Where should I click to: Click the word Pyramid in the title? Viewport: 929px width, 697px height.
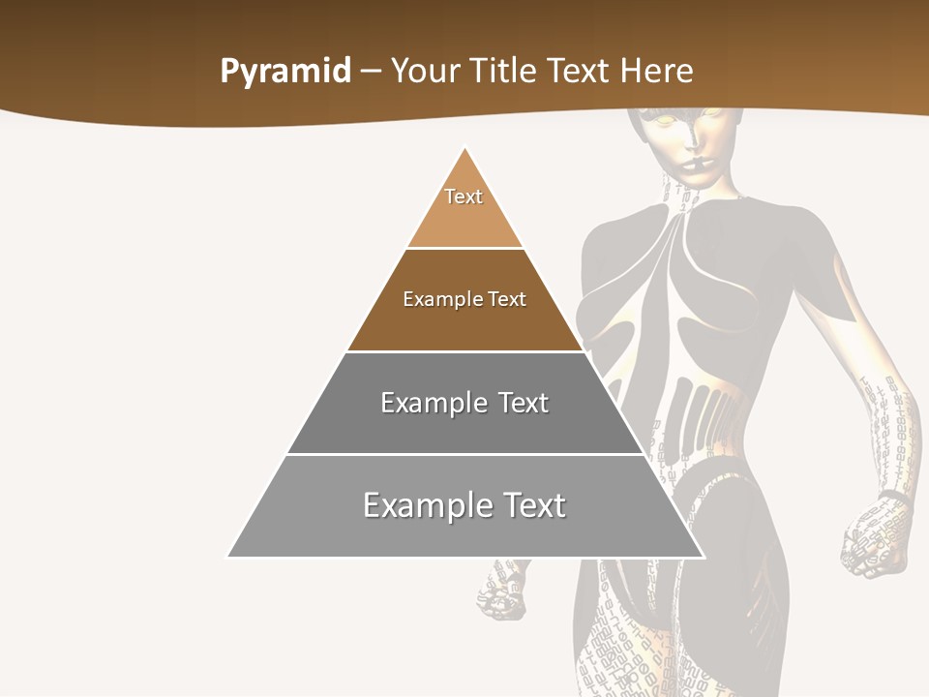pyautogui.click(x=285, y=72)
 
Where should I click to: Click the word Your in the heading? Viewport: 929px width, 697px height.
pyautogui.click(x=424, y=72)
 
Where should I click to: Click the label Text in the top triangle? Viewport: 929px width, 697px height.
pyautogui.click(x=464, y=197)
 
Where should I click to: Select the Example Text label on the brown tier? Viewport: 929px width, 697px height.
pyautogui.click(x=464, y=299)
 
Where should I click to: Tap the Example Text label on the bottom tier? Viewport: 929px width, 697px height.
pyautogui.click(x=464, y=505)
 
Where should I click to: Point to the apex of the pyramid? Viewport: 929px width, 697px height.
pyautogui.click(x=465, y=148)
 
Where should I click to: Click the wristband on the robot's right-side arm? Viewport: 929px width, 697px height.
pyautogui.click(x=894, y=498)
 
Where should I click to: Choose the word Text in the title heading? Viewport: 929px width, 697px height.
pyautogui.click(x=579, y=72)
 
